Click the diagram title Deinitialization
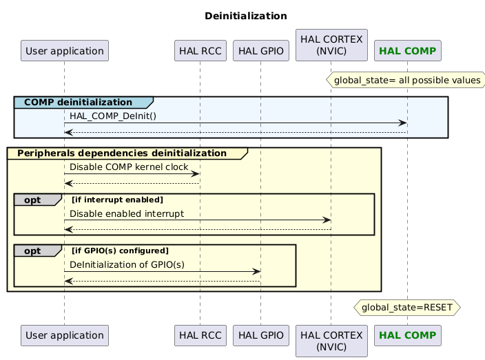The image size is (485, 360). click(245, 16)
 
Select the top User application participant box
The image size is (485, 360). click(65, 50)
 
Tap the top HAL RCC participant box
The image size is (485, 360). click(200, 50)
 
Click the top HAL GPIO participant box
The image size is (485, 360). click(261, 50)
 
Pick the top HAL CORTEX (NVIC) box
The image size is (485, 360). click(331, 45)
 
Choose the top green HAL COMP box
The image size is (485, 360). click(407, 50)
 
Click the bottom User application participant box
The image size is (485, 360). click(65, 335)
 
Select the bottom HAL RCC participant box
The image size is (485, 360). click(200, 335)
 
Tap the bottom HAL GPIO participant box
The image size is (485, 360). click(261, 335)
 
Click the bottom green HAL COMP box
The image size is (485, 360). click(407, 335)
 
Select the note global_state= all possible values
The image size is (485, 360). click(406, 81)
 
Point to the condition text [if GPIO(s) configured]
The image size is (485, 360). click(120, 251)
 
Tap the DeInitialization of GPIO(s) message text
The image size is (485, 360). click(127, 264)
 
